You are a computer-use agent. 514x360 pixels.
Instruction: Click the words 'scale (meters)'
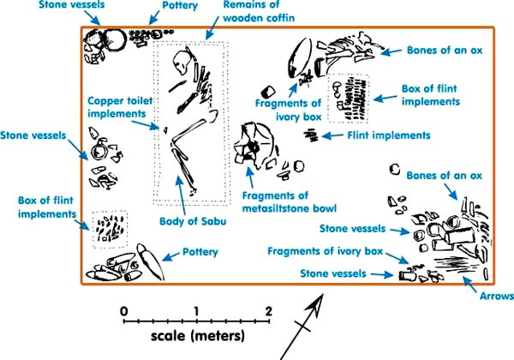click(x=197, y=334)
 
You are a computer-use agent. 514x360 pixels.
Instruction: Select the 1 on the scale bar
click(x=197, y=309)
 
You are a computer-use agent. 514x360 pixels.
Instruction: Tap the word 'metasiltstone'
click(x=288, y=207)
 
